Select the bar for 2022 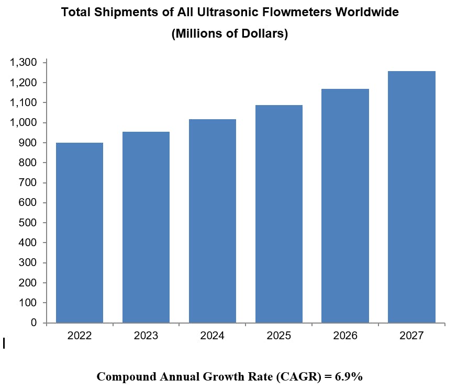coord(80,233)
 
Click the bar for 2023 coord(146,227)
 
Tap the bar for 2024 coord(213,221)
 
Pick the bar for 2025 coord(279,214)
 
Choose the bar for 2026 coord(345,206)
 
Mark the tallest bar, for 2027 coord(412,197)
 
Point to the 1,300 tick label coord(23,63)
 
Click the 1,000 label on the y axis coord(23,123)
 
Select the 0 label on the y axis coord(34,323)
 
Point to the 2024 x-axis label coord(213,336)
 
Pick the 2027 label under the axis coord(412,336)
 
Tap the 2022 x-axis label coord(80,336)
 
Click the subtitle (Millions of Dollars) coord(230,34)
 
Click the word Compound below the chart coord(124,376)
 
